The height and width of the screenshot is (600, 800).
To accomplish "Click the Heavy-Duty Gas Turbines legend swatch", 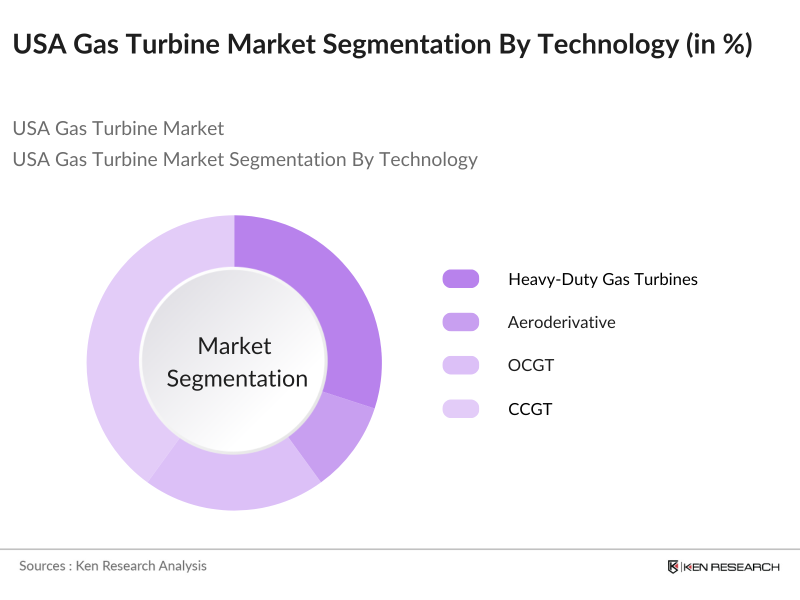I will (460, 279).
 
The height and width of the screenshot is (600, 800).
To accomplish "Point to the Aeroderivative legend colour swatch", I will (460, 322).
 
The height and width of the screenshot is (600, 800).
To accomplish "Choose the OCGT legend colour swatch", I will (460, 365).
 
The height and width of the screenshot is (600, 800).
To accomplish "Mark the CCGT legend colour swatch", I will (460, 408).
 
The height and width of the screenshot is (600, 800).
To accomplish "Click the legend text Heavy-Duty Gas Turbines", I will (602, 279).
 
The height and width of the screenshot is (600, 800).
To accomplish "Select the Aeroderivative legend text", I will (561, 322).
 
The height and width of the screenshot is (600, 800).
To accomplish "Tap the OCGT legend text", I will (530, 365).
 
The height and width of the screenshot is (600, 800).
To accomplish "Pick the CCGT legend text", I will (530, 409).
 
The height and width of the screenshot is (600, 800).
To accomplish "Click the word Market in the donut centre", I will (234, 346).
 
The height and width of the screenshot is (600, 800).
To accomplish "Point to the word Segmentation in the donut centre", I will (237, 378).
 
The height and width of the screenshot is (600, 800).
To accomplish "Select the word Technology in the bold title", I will (607, 44).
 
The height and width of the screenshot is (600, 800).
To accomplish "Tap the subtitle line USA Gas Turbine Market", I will (118, 128).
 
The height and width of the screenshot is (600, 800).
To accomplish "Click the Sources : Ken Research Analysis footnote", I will (113, 565).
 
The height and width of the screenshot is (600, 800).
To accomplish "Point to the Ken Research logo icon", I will (673, 566).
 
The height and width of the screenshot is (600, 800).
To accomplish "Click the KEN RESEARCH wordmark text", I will (731, 567).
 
